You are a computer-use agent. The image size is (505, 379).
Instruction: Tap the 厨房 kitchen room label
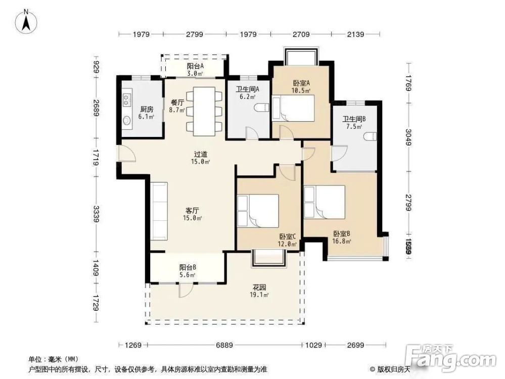tap(147, 112)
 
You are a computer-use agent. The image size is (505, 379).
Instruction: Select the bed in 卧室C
tap(259, 211)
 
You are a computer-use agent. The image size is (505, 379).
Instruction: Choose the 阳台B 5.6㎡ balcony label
tap(188, 271)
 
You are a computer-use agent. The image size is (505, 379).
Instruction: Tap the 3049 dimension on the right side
tap(408, 136)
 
